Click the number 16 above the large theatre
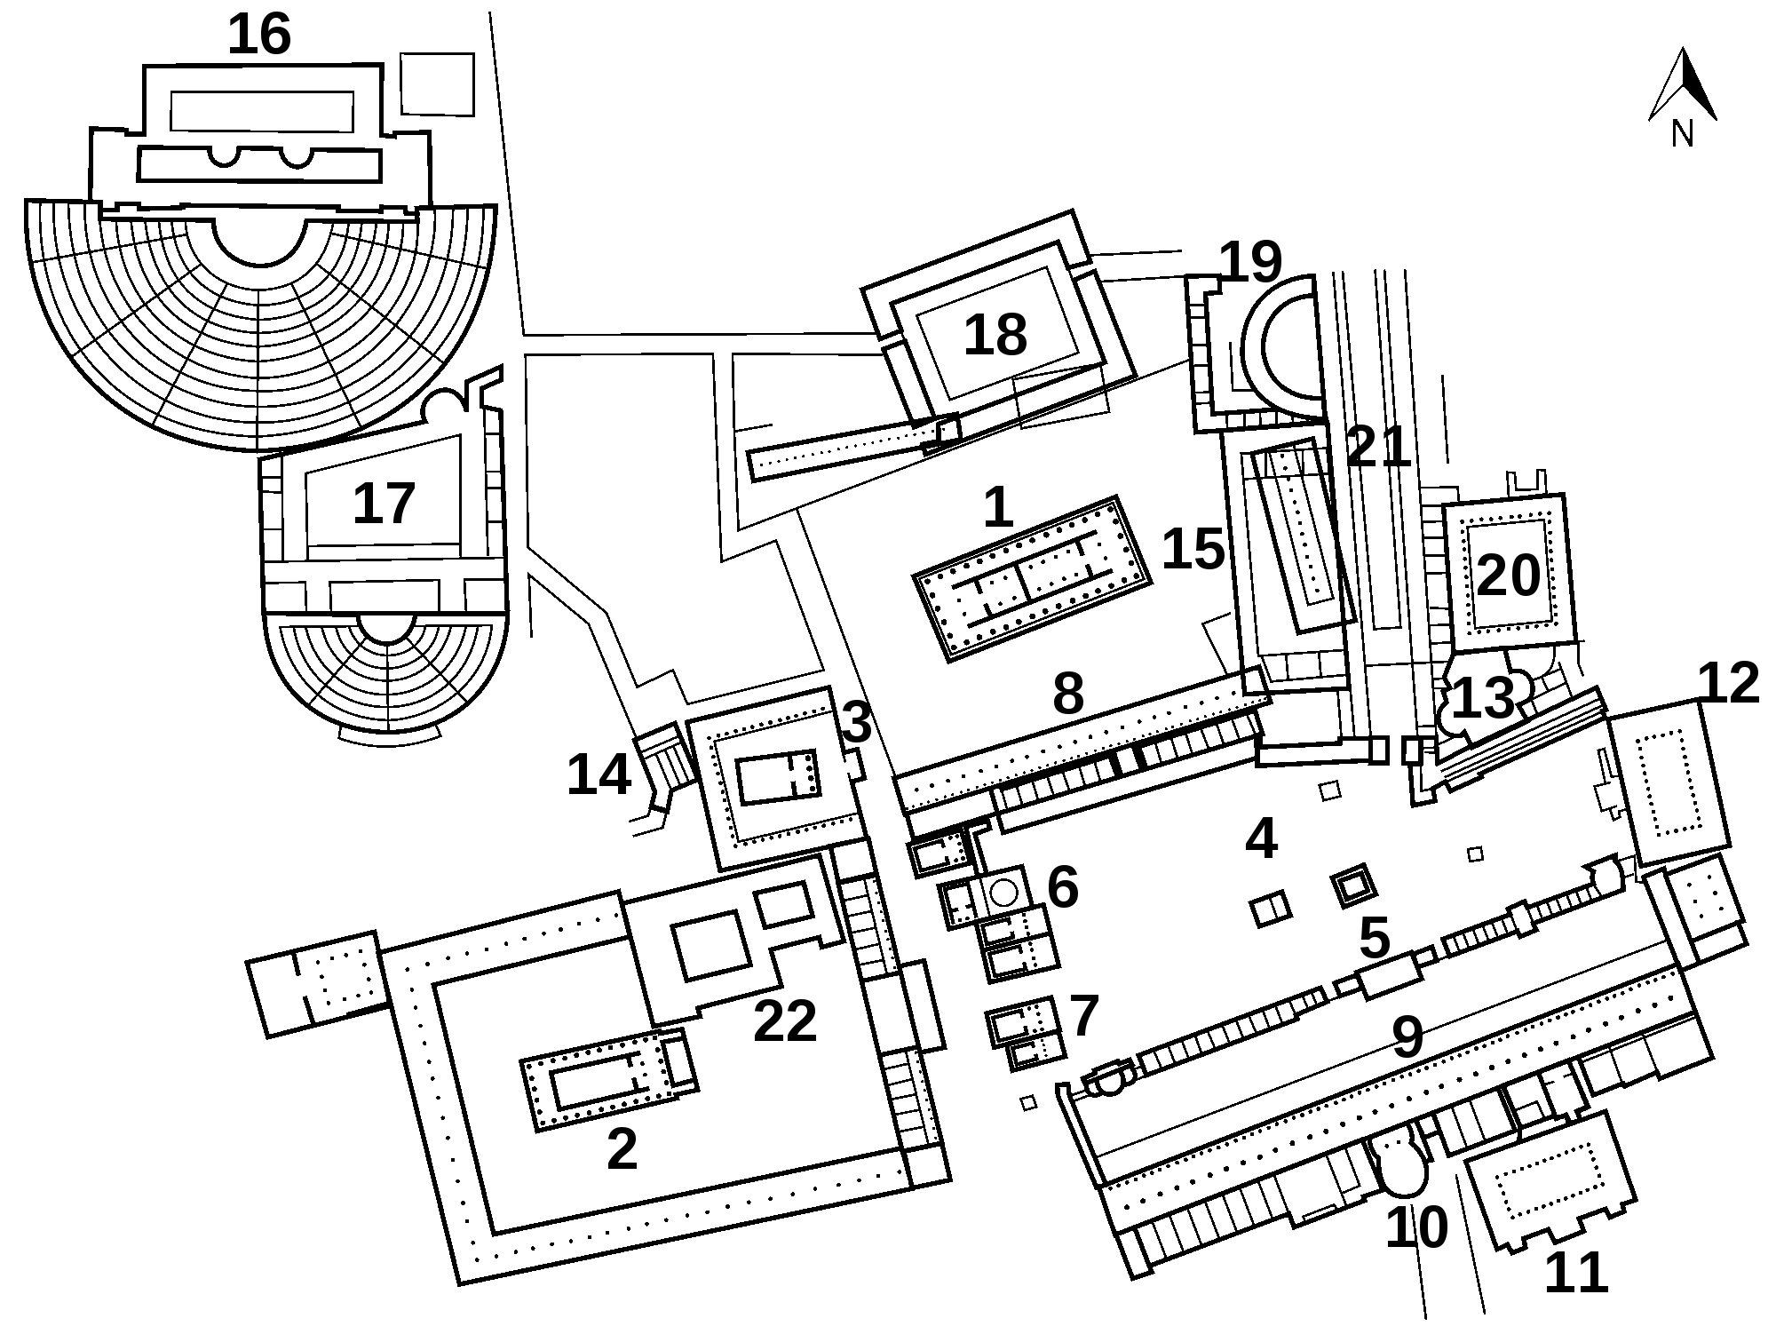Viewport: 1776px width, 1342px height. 259,36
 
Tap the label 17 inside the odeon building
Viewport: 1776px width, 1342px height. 384,504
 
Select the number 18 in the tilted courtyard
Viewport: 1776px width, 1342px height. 995,336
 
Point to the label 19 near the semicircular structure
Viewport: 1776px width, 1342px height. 1250,262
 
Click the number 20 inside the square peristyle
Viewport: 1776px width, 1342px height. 1508,576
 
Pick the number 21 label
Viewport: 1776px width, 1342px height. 1378,446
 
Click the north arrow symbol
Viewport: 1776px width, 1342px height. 1683,84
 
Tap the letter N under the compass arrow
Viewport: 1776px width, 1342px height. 1682,134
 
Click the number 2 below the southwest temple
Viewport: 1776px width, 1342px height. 622,1149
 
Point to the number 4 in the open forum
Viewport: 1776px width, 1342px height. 1261,838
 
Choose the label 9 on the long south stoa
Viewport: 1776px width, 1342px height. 1408,1036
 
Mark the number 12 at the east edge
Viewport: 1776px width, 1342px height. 1728,683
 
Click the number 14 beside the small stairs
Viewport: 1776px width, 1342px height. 599,774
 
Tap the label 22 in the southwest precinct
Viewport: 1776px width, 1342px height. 784,1021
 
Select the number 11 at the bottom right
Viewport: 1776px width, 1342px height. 1576,1273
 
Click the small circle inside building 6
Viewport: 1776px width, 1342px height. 1003,893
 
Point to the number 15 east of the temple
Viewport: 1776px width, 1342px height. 1193,550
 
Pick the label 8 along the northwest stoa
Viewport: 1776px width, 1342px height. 1068,694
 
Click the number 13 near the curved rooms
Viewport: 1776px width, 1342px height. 1482,698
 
